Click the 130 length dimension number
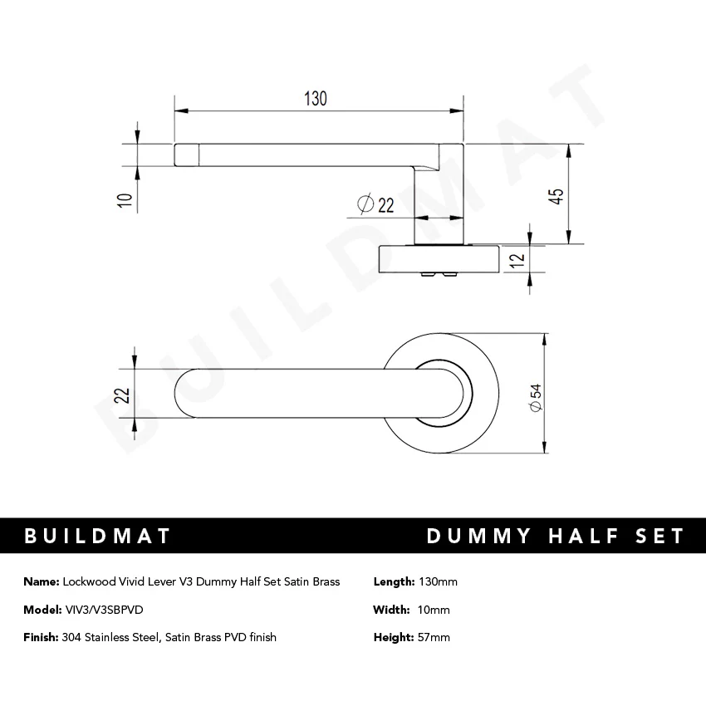coord(315,98)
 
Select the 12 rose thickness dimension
coord(517,259)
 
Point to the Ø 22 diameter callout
coord(375,203)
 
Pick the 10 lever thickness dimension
coord(125,199)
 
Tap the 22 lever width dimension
coord(122,394)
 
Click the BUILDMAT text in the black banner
coord(97,536)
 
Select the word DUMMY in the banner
coord(478,536)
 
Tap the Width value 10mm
coord(434,610)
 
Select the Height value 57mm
coord(434,637)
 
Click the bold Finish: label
coord(41,637)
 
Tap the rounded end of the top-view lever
coord(188,394)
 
